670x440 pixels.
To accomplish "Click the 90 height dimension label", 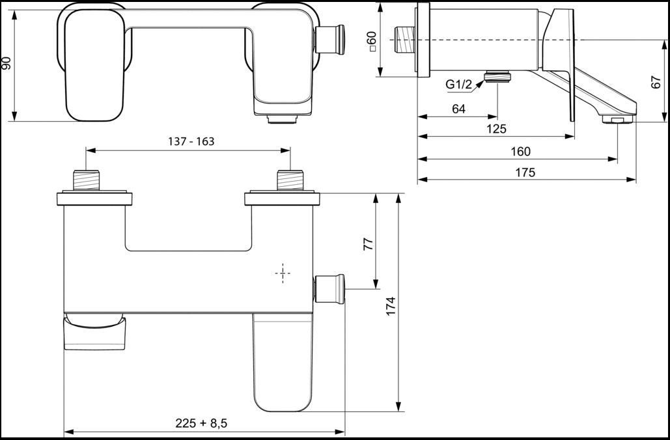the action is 7,64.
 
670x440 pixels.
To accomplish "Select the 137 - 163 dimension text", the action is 191,141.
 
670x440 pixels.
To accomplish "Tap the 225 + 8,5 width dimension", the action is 201,423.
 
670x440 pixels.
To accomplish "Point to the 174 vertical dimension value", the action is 391,306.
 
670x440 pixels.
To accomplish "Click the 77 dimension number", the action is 369,244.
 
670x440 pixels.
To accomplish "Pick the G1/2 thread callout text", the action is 458,85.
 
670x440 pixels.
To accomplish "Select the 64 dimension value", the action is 458,109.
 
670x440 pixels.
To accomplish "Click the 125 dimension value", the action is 496,129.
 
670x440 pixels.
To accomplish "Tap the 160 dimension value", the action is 520,152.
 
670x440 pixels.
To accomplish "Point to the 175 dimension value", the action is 525,172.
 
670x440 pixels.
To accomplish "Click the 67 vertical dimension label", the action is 656,82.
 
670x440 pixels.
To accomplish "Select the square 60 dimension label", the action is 372,42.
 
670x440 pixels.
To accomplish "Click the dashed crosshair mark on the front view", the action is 283,273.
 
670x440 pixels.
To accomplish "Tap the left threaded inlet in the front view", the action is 87,180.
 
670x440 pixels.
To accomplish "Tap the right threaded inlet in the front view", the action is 290,180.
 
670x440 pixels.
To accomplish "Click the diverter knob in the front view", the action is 329,289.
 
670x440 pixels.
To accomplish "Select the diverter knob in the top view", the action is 330,40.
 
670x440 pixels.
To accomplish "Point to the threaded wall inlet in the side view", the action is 404,40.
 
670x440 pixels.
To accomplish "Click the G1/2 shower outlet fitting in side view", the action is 497,77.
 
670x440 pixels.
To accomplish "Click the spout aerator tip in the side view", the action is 617,120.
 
